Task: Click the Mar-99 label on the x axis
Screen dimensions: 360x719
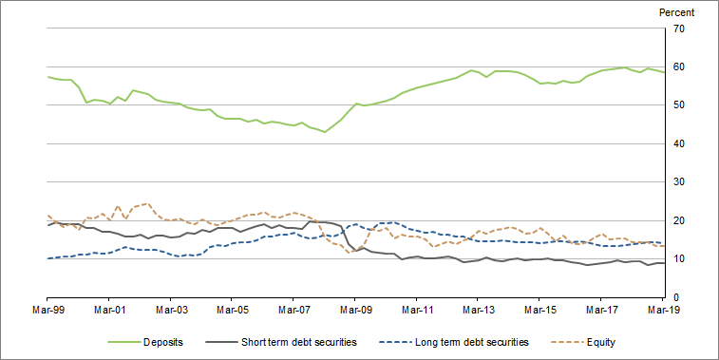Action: pos(47,310)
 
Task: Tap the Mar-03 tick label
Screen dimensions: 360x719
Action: pos(171,310)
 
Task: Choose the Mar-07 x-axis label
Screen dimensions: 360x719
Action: pos(293,310)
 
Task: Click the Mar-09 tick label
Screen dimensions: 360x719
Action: pos(355,310)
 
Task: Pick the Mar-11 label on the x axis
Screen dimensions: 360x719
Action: pos(416,310)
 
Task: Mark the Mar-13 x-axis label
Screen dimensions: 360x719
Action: pos(478,310)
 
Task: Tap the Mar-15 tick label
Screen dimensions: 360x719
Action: pos(539,310)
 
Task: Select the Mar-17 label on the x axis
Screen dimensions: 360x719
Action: pos(600,310)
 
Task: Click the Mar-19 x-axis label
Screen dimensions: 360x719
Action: pos(662,310)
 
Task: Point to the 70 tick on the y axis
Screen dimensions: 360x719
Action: pos(679,28)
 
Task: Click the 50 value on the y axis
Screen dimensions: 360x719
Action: pos(679,105)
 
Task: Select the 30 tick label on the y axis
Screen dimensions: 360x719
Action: pos(679,182)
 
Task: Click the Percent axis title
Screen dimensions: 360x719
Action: pos(677,12)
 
